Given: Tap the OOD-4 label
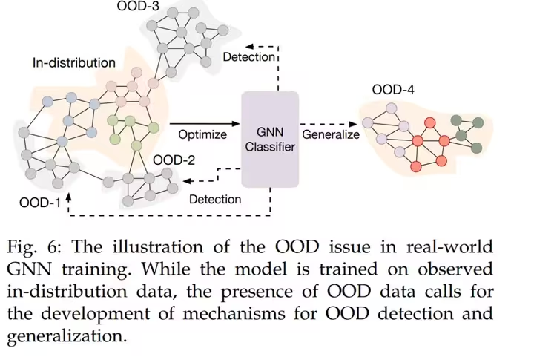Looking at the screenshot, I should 393,91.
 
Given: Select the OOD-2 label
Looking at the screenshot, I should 174,160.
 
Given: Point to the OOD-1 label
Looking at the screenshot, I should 39,202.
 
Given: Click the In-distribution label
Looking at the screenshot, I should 73,62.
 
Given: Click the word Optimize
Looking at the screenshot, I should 202,135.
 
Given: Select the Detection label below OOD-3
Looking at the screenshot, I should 248,57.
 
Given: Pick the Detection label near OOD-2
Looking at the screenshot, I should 215,199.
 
